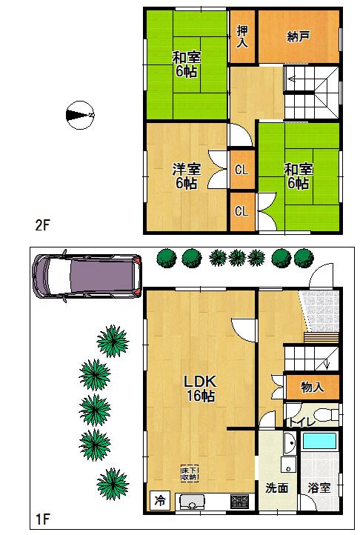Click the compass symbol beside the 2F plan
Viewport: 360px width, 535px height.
(x=79, y=115)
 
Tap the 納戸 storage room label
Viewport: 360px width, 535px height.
(x=298, y=36)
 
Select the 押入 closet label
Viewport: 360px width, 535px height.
(x=242, y=36)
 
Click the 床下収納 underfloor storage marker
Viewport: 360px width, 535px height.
(x=189, y=471)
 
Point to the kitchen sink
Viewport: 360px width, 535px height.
(x=193, y=502)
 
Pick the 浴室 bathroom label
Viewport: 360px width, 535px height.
(x=320, y=489)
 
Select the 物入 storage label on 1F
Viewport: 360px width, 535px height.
(x=312, y=386)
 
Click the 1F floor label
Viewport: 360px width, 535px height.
(x=41, y=516)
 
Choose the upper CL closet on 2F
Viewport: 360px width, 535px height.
(x=241, y=170)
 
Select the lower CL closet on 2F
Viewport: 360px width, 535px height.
(x=241, y=211)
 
